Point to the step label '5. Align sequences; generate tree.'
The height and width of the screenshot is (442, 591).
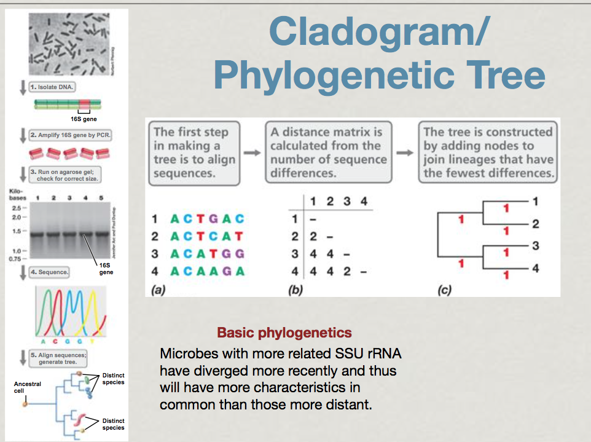62,358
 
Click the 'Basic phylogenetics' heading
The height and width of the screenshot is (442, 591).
284,333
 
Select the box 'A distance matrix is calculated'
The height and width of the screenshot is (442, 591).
329,152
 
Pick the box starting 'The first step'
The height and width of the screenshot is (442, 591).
191,152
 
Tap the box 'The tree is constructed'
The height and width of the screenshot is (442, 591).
488,152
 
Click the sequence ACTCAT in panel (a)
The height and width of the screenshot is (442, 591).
207,236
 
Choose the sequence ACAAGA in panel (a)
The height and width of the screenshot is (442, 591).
207,271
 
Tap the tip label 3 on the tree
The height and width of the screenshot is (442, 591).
535,246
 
